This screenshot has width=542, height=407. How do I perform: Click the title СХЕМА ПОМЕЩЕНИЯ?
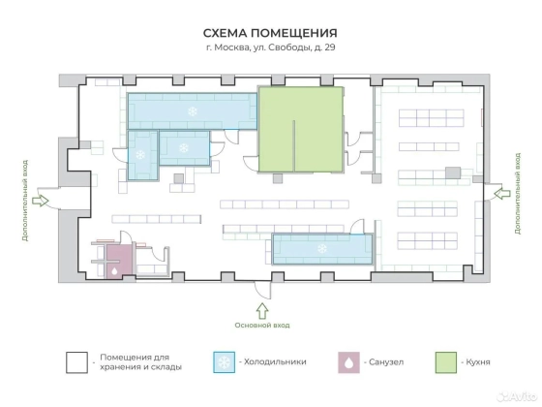270,33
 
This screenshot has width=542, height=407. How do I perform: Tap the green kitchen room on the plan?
301,129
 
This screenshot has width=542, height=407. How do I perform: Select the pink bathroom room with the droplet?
119,262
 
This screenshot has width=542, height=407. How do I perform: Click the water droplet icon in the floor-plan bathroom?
114,271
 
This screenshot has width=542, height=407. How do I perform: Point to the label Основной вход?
262,326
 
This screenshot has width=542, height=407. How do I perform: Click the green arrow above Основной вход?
262,311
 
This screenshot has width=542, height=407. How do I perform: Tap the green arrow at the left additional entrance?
40,201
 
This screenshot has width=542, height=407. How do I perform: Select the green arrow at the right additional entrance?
502,194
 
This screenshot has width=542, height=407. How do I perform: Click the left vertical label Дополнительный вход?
24,201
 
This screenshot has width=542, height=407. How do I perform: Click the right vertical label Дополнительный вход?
518,194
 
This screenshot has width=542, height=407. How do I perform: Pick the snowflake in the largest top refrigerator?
193,111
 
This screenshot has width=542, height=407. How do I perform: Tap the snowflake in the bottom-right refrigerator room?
322,248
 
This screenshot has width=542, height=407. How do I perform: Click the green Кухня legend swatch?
445,362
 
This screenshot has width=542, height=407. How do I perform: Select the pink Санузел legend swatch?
348,362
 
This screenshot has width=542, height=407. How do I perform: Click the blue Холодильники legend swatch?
225,362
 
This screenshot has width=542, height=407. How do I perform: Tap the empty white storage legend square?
76,362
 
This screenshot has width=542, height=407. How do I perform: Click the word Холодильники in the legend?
275,362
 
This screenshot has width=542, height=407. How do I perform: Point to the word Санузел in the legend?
386,362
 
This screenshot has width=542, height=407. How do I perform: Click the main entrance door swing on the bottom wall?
262,291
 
